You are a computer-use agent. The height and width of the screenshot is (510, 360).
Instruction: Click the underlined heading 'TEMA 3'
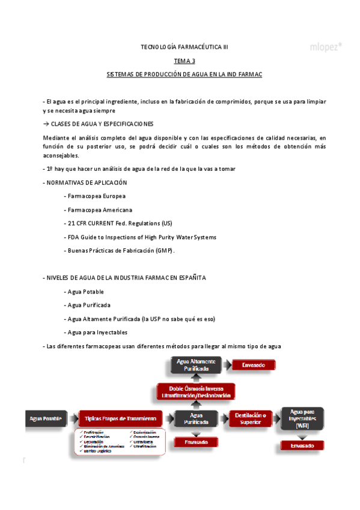click(185, 61)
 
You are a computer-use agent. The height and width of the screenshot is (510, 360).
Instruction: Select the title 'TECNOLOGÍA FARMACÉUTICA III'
click(185, 46)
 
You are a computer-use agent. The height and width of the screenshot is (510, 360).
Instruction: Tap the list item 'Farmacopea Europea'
click(94, 196)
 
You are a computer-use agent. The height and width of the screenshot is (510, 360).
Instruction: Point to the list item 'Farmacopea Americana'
click(97, 210)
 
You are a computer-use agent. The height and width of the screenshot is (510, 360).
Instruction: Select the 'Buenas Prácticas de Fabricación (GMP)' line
click(118, 250)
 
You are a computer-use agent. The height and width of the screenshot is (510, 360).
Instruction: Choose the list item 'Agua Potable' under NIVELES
click(85, 292)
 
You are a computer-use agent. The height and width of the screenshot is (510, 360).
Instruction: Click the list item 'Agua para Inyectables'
click(97, 333)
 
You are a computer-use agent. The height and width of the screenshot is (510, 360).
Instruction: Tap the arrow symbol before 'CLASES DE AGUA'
click(46, 123)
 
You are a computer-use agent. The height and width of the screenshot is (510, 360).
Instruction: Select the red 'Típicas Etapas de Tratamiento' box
click(120, 418)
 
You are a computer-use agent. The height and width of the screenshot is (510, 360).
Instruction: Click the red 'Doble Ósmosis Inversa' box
click(196, 392)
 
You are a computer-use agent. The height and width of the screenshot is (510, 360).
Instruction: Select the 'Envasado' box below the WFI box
click(302, 446)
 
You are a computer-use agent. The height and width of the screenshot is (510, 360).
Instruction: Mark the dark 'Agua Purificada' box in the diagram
click(196, 418)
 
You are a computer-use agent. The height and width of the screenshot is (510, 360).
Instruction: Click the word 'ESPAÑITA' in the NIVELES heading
click(192, 278)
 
